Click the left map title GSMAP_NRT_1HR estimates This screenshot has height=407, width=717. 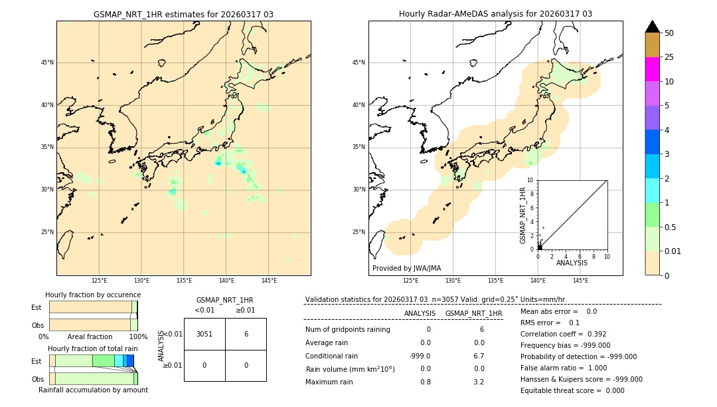coord(183,14)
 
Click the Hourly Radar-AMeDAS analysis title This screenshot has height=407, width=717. coord(495,14)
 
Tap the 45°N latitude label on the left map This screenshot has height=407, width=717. coord(47,63)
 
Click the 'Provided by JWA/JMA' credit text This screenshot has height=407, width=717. coord(406,268)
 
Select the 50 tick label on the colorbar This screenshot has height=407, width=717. coord(669,33)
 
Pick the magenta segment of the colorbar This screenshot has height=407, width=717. coord(652,69)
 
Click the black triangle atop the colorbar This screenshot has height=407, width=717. coord(652,27)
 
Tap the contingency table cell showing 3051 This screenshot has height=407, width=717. coord(204,334)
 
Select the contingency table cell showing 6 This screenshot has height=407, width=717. coord(246,334)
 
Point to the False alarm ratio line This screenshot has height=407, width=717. coord(563,368)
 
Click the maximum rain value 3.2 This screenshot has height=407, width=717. coord(478,382)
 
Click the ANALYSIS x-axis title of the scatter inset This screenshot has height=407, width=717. coord(572,263)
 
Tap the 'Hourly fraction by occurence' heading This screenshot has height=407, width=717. coord(93,295)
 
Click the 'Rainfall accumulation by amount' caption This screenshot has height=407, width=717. coord(93,390)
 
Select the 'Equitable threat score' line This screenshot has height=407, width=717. coord(572,390)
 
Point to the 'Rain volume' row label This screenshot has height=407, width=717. coord(350,369)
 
